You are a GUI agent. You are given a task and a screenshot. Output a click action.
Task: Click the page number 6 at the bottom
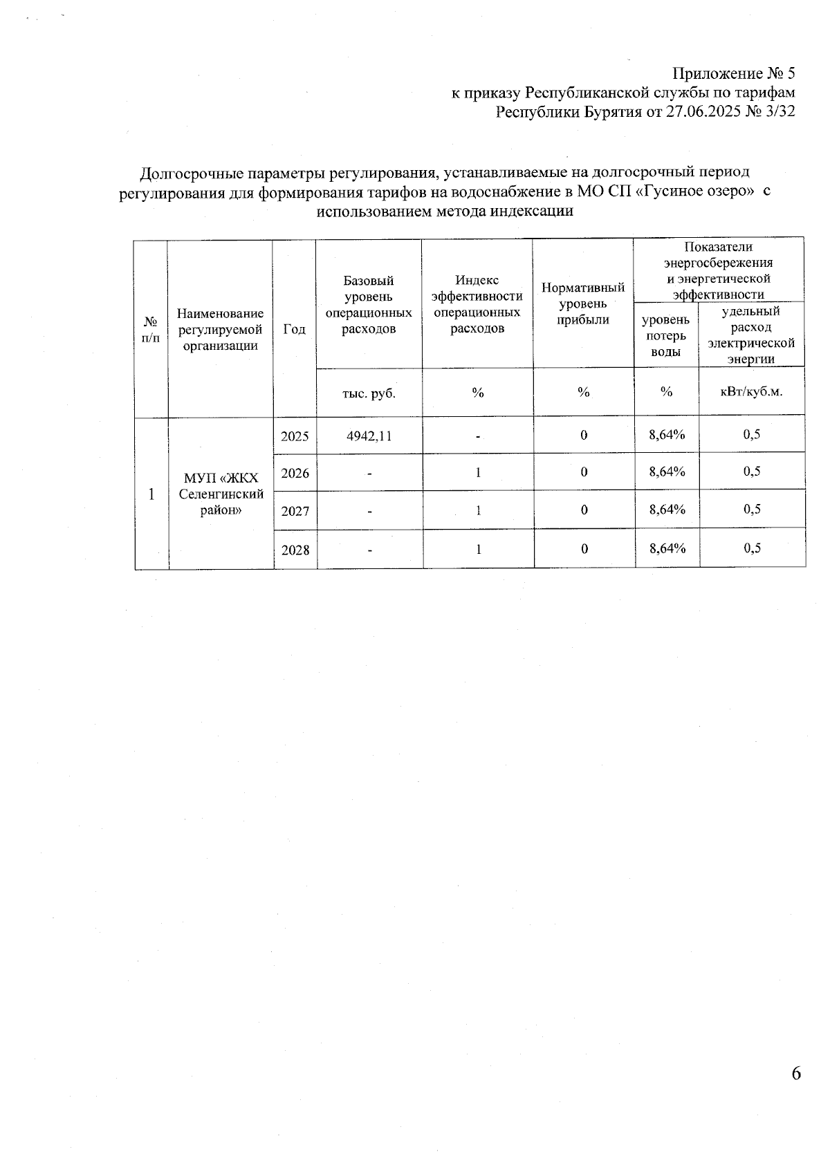pos(795,1073)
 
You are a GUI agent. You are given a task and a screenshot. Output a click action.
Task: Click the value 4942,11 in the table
pos(369,436)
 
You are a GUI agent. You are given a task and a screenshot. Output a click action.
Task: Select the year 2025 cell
pos(295,436)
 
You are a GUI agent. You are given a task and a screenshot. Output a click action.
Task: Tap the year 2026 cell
pos(295,474)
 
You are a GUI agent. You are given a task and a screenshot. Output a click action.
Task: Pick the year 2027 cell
pos(295,512)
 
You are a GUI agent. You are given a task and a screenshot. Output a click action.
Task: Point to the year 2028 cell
pos(295,550)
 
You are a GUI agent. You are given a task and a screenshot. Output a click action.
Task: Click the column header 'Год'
pos(295,329)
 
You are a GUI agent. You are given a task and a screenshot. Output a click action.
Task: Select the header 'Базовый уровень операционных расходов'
pos(369,304)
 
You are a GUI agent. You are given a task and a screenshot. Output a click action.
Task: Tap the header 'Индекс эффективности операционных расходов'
pos(477,304)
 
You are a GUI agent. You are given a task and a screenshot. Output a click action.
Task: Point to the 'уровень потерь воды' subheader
pos(666,335)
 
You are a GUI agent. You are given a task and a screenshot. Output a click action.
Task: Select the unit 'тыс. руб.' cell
pos(369,393)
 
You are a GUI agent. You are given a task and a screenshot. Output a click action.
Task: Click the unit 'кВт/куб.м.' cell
pos(752,391)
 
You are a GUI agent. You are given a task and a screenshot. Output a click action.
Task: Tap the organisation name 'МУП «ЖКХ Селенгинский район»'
pos(221,494)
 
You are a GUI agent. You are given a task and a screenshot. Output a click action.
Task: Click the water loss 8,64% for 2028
pos(667,548)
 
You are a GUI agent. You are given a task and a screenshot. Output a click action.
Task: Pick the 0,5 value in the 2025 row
pos(752,434)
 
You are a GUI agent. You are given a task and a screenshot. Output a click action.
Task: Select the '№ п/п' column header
pos(151,329)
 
